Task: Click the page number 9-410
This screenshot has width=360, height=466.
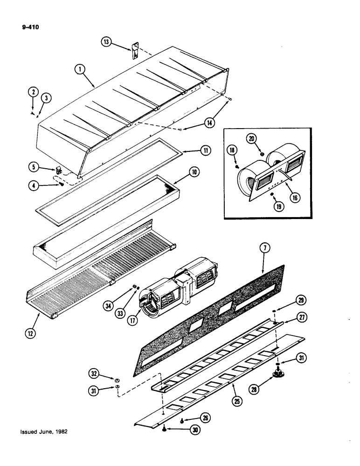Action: [30, 27]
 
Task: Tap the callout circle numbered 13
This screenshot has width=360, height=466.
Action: [107, 41]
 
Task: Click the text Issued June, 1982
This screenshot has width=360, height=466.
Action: [44, 432]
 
